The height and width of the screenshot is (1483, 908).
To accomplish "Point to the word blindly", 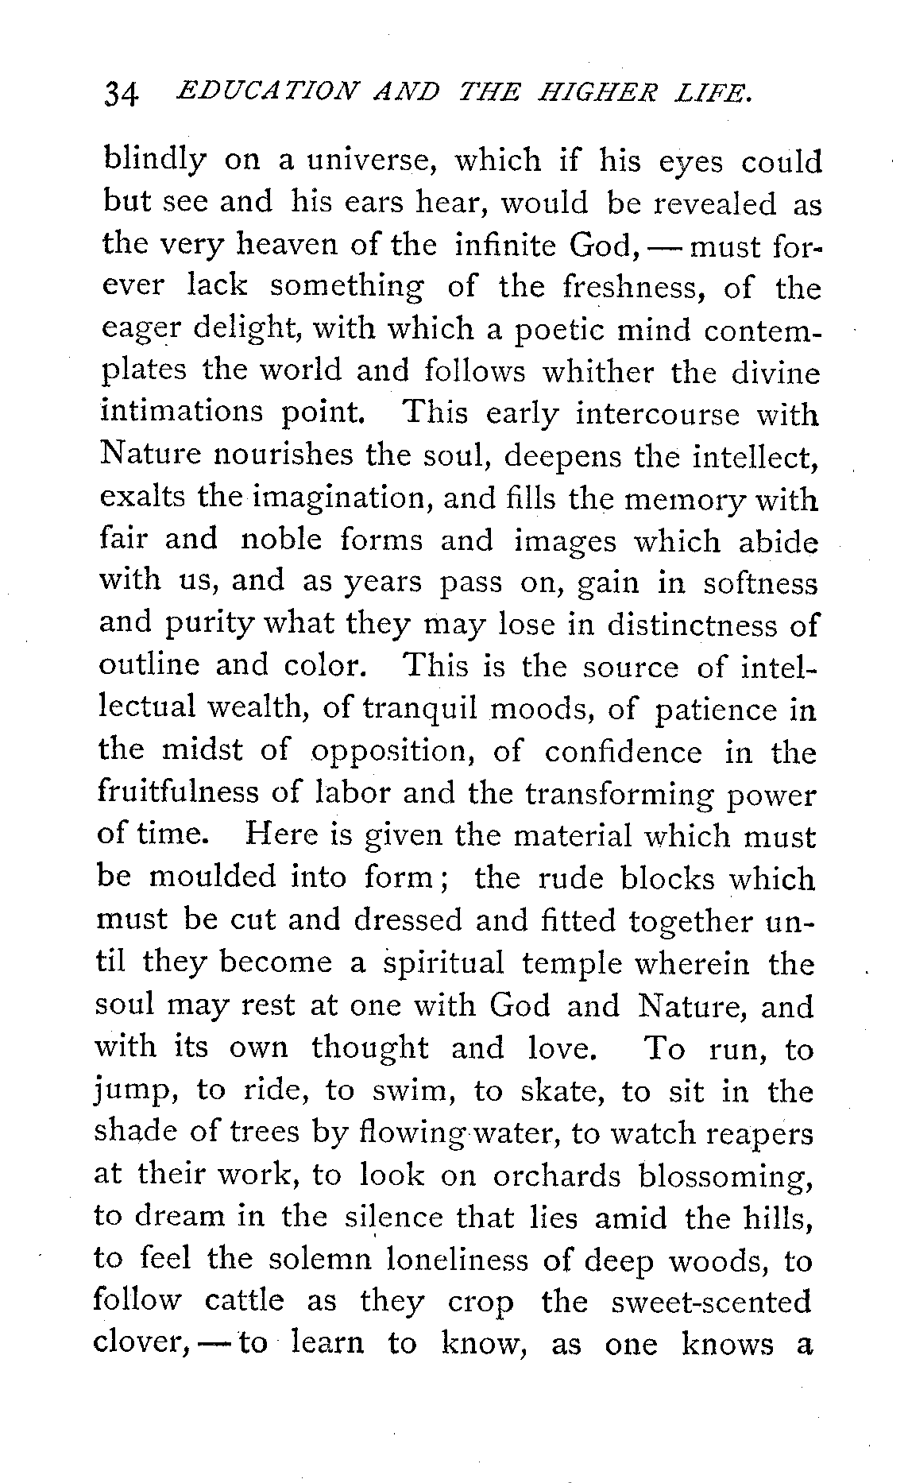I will click(x=155, y=162).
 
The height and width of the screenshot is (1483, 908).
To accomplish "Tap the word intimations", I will click(x=181, y=412).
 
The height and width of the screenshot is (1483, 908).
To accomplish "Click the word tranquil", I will click(x=419, y=710).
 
